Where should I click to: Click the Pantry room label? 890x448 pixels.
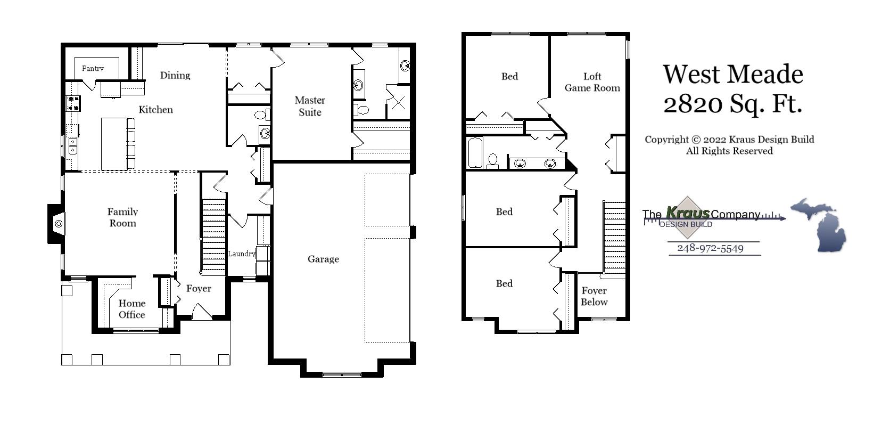coord(93,68)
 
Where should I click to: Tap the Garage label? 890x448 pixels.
coord(323,259)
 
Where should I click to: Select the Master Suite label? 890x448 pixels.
coord(310,106)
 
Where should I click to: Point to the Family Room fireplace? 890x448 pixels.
coord(56,224)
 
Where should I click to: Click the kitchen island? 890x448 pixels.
coord(113,143)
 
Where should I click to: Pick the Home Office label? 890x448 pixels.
coord(131,309)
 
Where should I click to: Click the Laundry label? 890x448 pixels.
coord(242,254)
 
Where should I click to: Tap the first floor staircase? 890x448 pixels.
coord(214,234)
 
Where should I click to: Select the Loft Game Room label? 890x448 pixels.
coord(592,82)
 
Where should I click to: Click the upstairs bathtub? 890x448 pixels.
coord(475,153)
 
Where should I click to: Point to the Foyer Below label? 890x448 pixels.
coord(594,296)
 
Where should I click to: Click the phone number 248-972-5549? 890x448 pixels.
coord(710,248)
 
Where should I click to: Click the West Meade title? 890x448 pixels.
coord(732,74)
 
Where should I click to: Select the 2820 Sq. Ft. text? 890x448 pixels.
coord(732,103)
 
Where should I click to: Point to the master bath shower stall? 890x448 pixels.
coord(398,102)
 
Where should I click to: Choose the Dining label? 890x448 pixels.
coord(175,75)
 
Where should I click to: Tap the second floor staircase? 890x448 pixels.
coord(614,237)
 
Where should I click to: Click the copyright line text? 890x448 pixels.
coord(729,140)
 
